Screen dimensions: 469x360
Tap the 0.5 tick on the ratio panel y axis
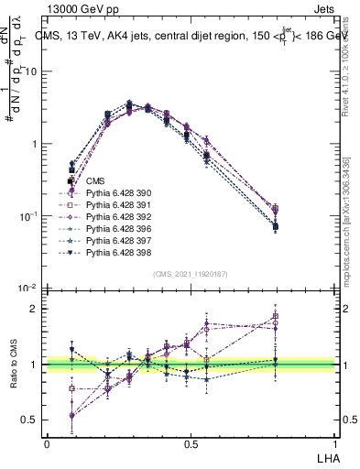tap(31, 420)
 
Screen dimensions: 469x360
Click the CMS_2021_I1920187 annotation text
tap(191, 273)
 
